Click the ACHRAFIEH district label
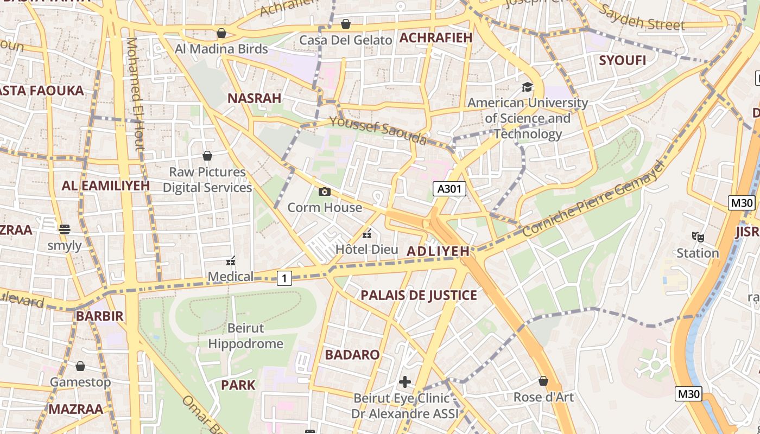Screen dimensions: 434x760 click(436, 37)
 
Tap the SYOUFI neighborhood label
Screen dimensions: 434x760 click(623, 60)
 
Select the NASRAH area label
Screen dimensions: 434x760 click(254, 98)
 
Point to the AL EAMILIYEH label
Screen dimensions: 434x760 click(105, 186)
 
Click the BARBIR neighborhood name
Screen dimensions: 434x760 click(99, 316)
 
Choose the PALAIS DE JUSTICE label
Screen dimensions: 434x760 click(419, 295)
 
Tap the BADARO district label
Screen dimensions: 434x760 click(352, 355)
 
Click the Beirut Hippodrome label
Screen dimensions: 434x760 click(245, 336)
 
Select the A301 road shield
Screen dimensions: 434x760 click(449, 189)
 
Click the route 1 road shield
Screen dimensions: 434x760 click(284, 278)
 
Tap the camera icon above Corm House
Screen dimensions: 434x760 click(325, 192)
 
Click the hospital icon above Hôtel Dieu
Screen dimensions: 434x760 click(367, 234)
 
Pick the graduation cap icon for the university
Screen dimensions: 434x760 click(527, 87)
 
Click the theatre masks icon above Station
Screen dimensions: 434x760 click(698, 237)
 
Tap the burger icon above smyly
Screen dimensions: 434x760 click(65, 229)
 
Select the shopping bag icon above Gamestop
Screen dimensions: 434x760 click(80, 366)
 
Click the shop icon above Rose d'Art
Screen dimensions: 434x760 click(543, 381)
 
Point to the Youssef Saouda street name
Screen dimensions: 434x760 click(378, 131)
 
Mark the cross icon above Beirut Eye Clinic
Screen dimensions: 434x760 click(404, 382)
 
